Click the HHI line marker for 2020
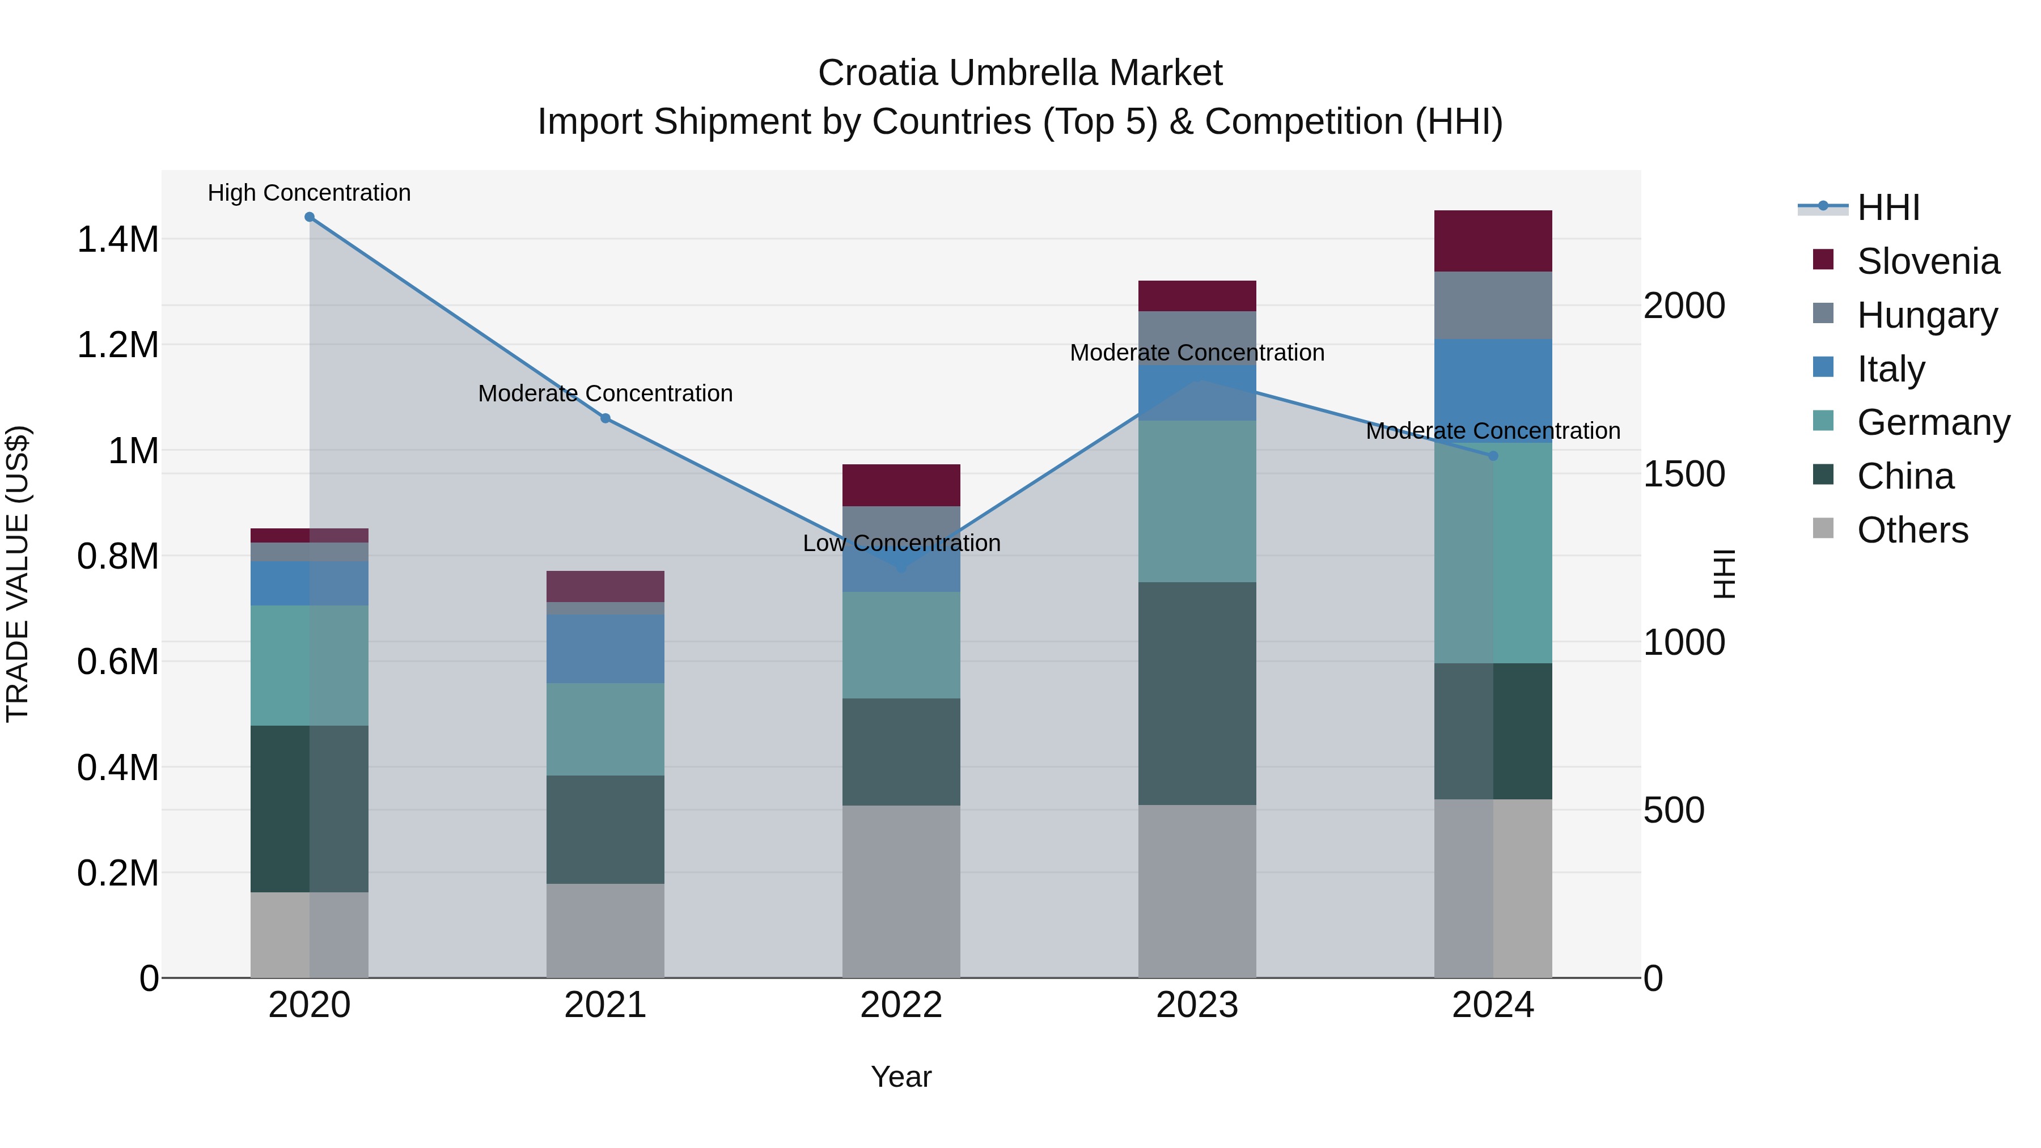point(310,217)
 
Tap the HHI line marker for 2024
point(1493,456)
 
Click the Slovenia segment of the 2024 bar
point(1493,241)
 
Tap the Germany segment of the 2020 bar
point(309,666)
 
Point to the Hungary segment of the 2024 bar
point(1493,305)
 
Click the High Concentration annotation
point(309,193)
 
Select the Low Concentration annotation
point(901,544)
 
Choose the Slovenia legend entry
point(1927,261)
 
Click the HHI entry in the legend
point(1887,207)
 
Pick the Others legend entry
point(1911,530)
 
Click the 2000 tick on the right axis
point(1684,306)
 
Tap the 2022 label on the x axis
point(901,1005)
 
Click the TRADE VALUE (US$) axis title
point(18,574)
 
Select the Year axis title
point(901,1077)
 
